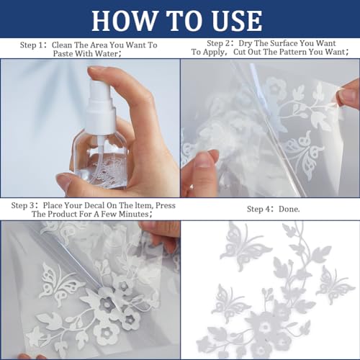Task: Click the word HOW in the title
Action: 125,20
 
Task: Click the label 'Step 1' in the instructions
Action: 32,45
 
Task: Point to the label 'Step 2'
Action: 218,43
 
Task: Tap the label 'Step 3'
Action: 23,205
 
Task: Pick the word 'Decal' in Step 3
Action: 91,205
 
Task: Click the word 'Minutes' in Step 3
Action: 134,214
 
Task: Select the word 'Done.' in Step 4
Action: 289,209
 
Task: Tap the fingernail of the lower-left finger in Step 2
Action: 204,161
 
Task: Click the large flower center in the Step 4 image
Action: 265,327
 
